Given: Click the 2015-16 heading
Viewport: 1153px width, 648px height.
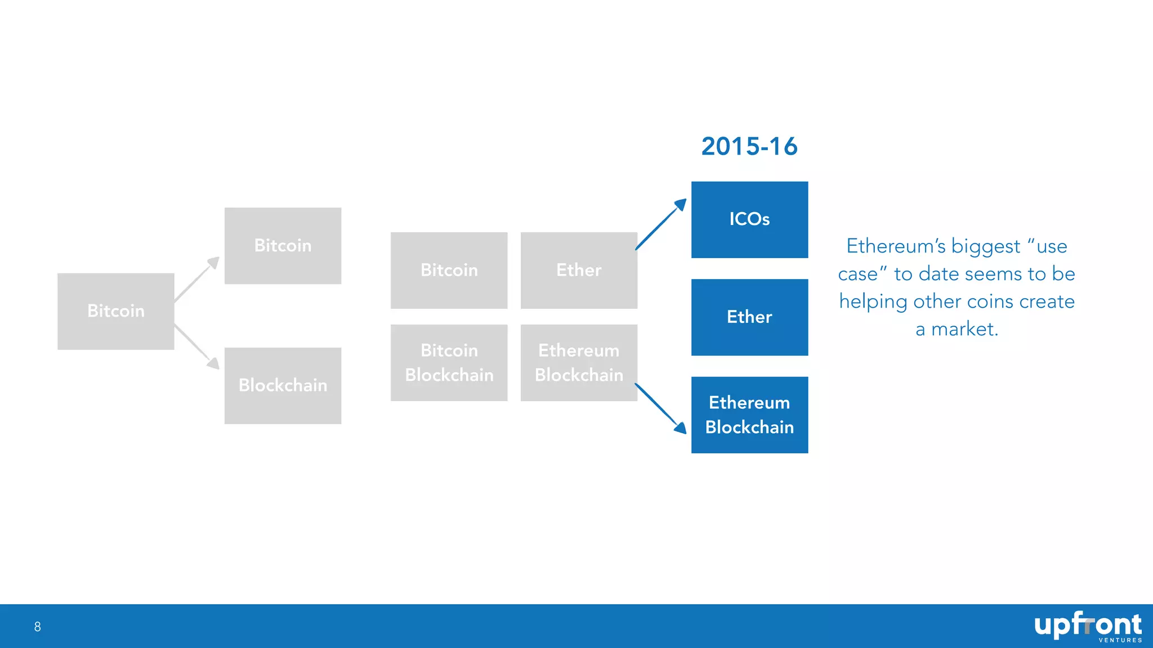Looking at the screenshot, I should coord(749,147).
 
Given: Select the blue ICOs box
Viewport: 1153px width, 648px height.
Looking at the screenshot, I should coord(749,219).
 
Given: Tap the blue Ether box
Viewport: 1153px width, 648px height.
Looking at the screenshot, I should coord(749,317).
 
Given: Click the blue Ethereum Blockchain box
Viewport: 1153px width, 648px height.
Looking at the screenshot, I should coord(749,415).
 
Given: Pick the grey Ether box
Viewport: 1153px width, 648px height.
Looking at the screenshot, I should coord(579,271).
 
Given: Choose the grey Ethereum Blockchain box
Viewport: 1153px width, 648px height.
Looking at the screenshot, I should coord(579,363).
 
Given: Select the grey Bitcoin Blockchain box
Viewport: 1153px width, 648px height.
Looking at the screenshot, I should coord(449,363).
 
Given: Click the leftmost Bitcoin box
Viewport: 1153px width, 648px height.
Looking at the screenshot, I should coord(115,311).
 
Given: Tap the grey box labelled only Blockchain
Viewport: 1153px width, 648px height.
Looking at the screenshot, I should coord(283,386).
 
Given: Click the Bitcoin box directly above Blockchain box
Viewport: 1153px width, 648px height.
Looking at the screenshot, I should coord(283,246).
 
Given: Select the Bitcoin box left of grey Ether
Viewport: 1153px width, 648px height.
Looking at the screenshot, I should coord(449,271).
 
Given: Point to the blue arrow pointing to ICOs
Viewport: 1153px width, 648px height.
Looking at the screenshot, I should coord(661,224).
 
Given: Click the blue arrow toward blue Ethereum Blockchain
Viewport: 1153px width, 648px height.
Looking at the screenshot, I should coord(660,408).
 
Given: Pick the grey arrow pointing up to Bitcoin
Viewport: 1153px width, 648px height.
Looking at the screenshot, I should coord(196,279).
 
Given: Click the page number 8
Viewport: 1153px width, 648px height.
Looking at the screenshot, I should coord(38,627).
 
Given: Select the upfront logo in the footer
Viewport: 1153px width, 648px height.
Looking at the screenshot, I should coord(1087,624).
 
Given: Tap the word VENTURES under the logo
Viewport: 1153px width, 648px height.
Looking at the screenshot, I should coord(1120,640).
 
